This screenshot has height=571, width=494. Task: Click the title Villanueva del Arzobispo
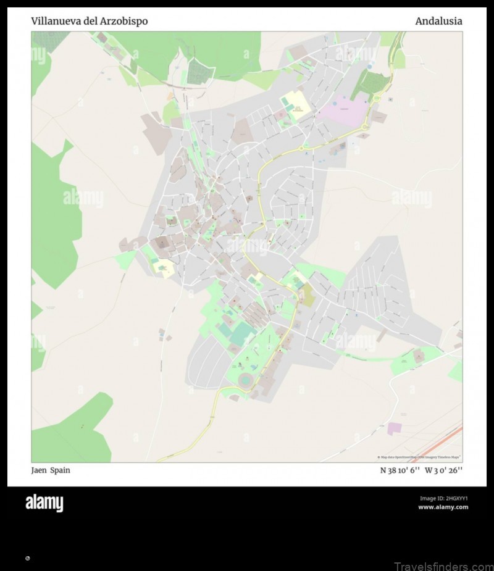(89, 22)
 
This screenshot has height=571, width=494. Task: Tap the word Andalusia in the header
(438, 22)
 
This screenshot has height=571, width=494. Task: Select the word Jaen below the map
(38, 470)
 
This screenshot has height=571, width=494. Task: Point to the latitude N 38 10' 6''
(400, 470)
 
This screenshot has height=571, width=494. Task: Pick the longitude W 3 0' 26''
(444, 470)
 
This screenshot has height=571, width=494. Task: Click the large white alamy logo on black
(44, 503)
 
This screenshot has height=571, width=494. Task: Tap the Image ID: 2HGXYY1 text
(443, 498)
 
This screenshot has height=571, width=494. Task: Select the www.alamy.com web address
(443, 507)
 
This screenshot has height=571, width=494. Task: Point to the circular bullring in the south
(246, 380)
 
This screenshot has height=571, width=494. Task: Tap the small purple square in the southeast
(394, 428)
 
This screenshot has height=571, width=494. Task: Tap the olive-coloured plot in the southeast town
(307, 296)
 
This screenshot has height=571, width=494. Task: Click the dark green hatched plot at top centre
(199, 72)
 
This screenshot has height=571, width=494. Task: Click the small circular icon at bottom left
(27, 558)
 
